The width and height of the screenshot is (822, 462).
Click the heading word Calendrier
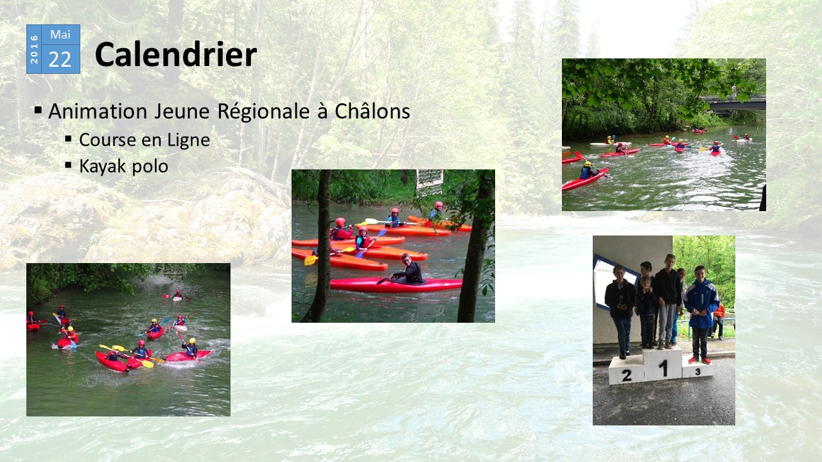click(x=176, y=55)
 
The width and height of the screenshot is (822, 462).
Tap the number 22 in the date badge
click(x=60, y=60)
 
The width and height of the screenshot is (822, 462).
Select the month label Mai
click(x=60, y=35)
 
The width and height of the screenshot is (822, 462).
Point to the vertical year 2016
click(x=34, y=49)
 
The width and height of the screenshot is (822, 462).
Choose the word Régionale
click(x=263, y=112)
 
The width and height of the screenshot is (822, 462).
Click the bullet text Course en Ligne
click(x=144, y=141)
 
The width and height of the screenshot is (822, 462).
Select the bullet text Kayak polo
click(x=124, y=166)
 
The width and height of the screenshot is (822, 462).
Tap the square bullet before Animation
click(x=38, y=110)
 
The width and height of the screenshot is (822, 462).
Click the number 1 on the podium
click(x=663, y=368)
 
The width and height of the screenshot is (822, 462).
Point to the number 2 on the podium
click(x=626, y=375)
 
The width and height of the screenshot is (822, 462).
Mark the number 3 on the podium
click(x=697, y=372)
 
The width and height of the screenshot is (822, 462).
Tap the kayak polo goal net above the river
click(x=430, y=182)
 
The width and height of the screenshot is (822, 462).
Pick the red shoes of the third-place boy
click(x=699, y=360)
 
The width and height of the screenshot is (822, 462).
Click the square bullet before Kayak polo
click(x=68, y=165)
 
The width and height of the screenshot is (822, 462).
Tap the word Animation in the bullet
click(x=98, y=111)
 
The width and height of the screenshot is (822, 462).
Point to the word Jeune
click(x=182, y=111)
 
